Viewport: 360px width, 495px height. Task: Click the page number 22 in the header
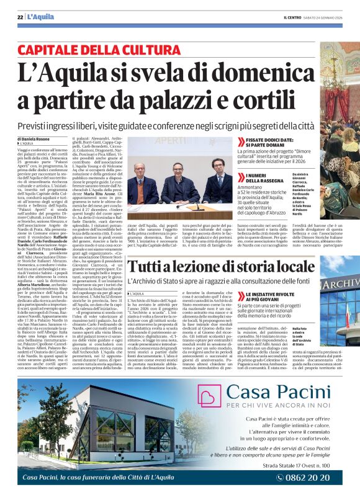tap(20, 17)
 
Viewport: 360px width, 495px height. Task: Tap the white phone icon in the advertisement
tap(281, 477)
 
